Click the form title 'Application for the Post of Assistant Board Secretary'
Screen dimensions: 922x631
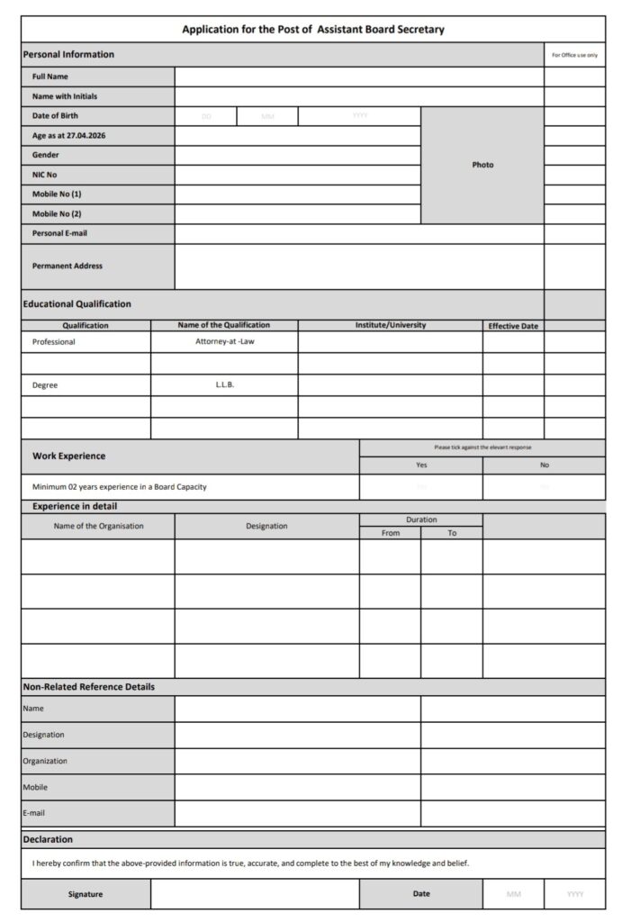click(x=313, y=30)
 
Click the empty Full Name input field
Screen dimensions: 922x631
click(x=359, y=77)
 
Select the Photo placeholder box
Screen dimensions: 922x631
click(x=482, y=165)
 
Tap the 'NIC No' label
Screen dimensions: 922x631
click(x=44, y=175)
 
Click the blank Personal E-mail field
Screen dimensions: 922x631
click(x=359, y=233)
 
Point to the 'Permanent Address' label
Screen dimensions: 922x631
click(x=68, y=266)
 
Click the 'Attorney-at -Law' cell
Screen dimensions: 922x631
click(x=224, y=342)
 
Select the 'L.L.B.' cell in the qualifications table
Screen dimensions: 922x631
click(x=224, y=384)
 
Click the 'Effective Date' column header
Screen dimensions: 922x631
click(x=513, y=326)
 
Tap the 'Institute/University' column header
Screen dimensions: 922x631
click(x=391, y=325)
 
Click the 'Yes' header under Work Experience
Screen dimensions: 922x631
click(x=421, y=466)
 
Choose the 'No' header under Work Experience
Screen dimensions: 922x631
click(x=544, y=466)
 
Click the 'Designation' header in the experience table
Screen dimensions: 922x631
click(x=266, y=526)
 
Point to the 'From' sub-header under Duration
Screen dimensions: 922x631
click(x=391, y=533)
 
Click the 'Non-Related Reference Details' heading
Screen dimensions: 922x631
click(x=88, y=687)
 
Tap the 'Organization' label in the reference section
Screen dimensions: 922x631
click(x=45, y=761)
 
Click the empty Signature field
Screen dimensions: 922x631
click(x=255, y=894)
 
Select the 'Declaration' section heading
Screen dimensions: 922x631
click(x=48, y=839)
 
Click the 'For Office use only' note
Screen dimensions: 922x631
click(x=574, y=55)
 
